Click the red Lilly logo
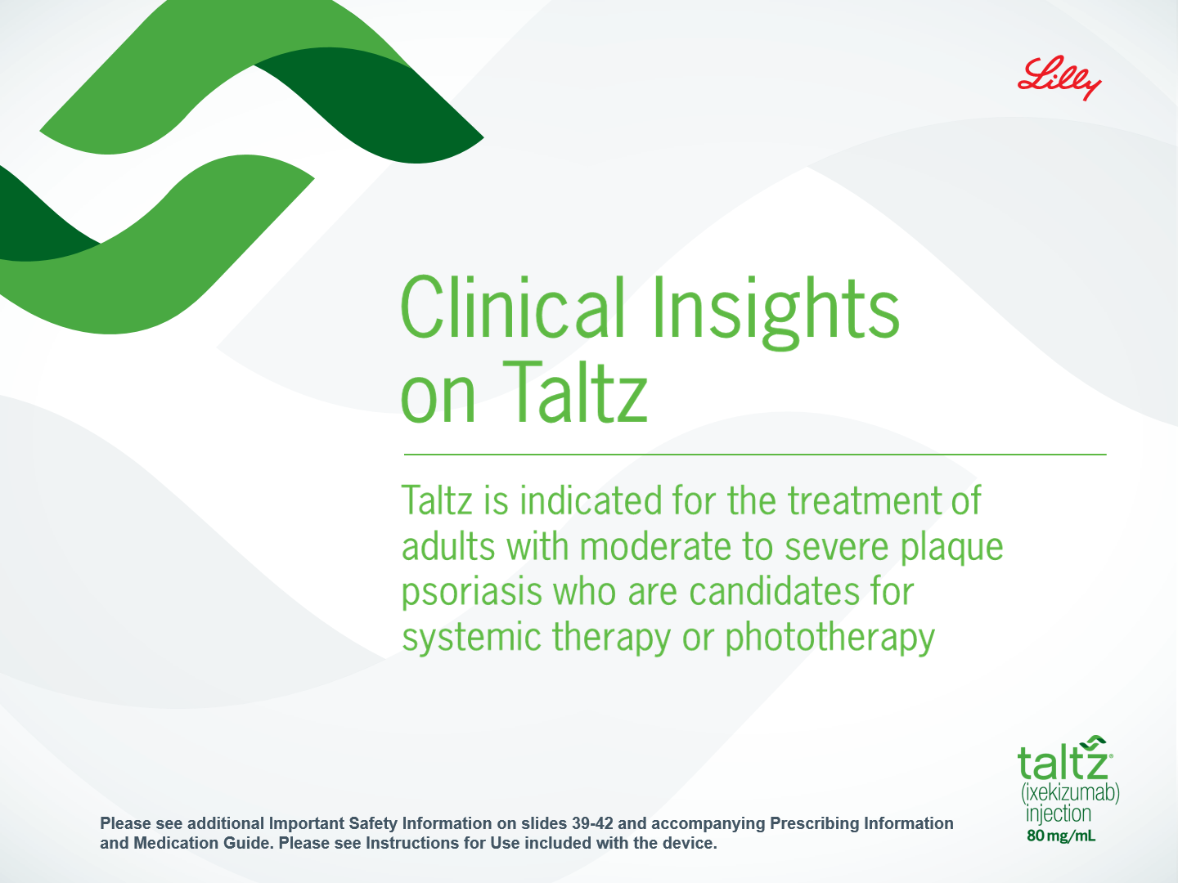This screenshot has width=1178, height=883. pyautogui.click(x=1059, y=78)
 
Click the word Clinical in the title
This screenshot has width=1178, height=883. pyautogui.click(x=513, y=307)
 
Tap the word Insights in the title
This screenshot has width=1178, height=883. pyautogui.click(x=776, y=312)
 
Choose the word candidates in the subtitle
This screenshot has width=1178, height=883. pyautogui.click(x=774, y=592)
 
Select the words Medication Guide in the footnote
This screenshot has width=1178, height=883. pyautogui.click(x=204, y=843)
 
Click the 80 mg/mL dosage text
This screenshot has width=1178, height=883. pyautogui.click(x=1060, y=836)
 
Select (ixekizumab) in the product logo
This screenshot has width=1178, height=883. pyautogui.click(x=1070, y=793)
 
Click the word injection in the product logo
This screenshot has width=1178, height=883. pyautogui.click(x=1059, y=814)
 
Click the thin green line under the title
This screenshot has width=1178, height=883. pyautogui.click(x=755, y=455)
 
